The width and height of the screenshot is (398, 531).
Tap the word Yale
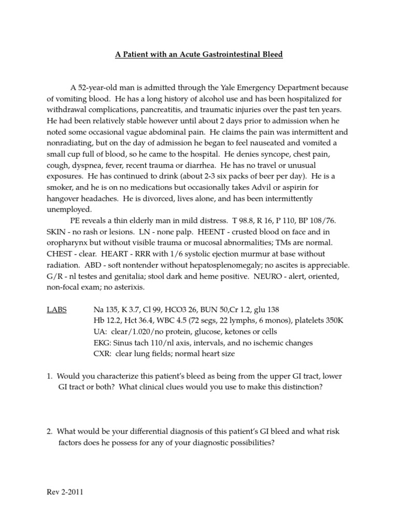[x=243, y=87]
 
